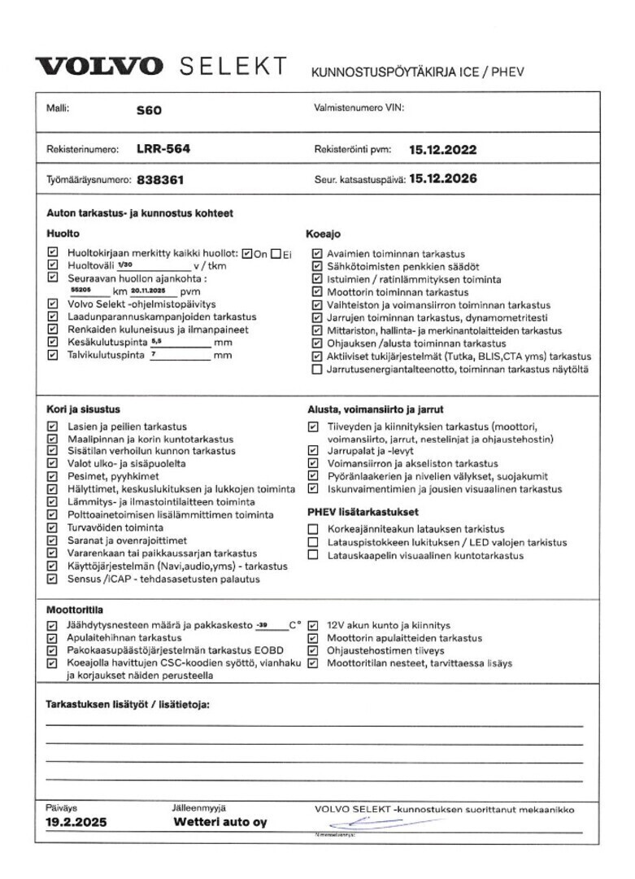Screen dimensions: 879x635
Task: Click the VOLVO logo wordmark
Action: (x=98, y=67)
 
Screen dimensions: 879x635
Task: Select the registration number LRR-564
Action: (x=163, y=149)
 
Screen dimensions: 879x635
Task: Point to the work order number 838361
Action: (x=166, y=180)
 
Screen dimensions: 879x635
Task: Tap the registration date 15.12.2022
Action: (x=442, y=150)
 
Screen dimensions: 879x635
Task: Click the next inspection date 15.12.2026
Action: (x=442, y=179)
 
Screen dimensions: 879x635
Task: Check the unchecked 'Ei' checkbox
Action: (x=276, y=253)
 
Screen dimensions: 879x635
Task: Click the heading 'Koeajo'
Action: (x=323, y=234)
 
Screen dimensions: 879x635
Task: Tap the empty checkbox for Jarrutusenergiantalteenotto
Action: (x=317, y=370)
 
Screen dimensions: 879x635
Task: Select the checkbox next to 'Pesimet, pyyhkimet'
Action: (x=53, y=476)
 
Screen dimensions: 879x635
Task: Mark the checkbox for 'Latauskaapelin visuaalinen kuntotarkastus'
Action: (x=313, y=555)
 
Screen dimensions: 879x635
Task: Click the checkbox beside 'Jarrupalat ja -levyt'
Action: (x=313, y=449)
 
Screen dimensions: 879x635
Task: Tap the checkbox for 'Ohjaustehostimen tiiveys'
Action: (x=313, y=651)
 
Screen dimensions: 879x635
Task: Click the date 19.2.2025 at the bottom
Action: (x=76, y=823)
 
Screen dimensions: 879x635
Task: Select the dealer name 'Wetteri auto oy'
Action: (x=220, y=823)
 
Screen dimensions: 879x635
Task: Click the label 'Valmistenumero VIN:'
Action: (x=359, y=107)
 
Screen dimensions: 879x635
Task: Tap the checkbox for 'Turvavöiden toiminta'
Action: (x=53, y=527)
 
